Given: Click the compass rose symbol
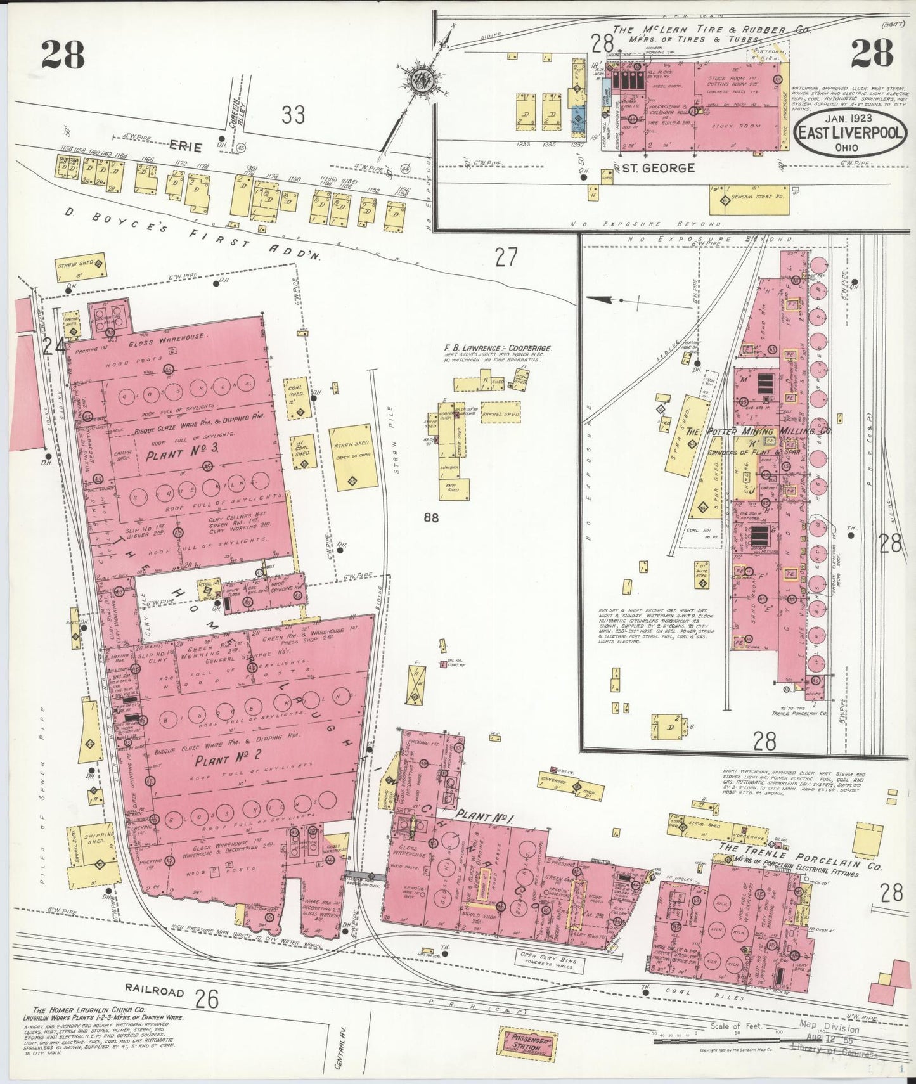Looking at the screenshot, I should [420, 81].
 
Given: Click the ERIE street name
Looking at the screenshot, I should [185, 147].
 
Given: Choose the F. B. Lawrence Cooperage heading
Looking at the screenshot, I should [498, 348].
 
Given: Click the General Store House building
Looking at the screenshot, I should [748, 199].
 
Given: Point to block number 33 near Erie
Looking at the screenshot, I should [292, 115].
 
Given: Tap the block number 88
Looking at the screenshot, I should [431, 518].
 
